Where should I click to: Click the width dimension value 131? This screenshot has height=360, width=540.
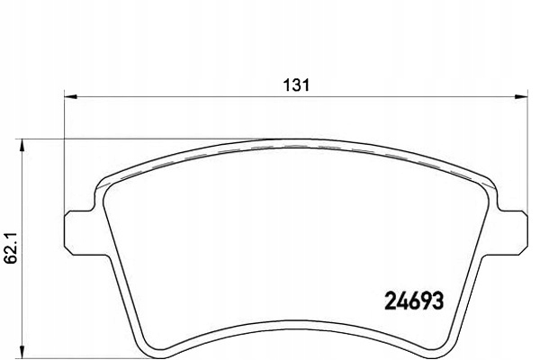(x=296, y=85)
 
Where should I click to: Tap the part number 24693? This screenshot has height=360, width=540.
(x=414, y=301)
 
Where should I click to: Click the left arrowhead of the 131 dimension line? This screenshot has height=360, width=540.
(x=70, y=97)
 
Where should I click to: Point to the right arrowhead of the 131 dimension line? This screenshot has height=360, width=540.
(x=521, y=97)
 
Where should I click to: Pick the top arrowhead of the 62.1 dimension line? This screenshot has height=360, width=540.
(x=22, y=146)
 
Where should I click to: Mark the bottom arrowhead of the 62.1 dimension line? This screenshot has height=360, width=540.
(x=22, y=352)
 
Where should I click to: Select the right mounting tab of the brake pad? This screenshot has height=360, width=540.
(x=512, y=231)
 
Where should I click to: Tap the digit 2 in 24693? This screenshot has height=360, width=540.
(x=390, y=301)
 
